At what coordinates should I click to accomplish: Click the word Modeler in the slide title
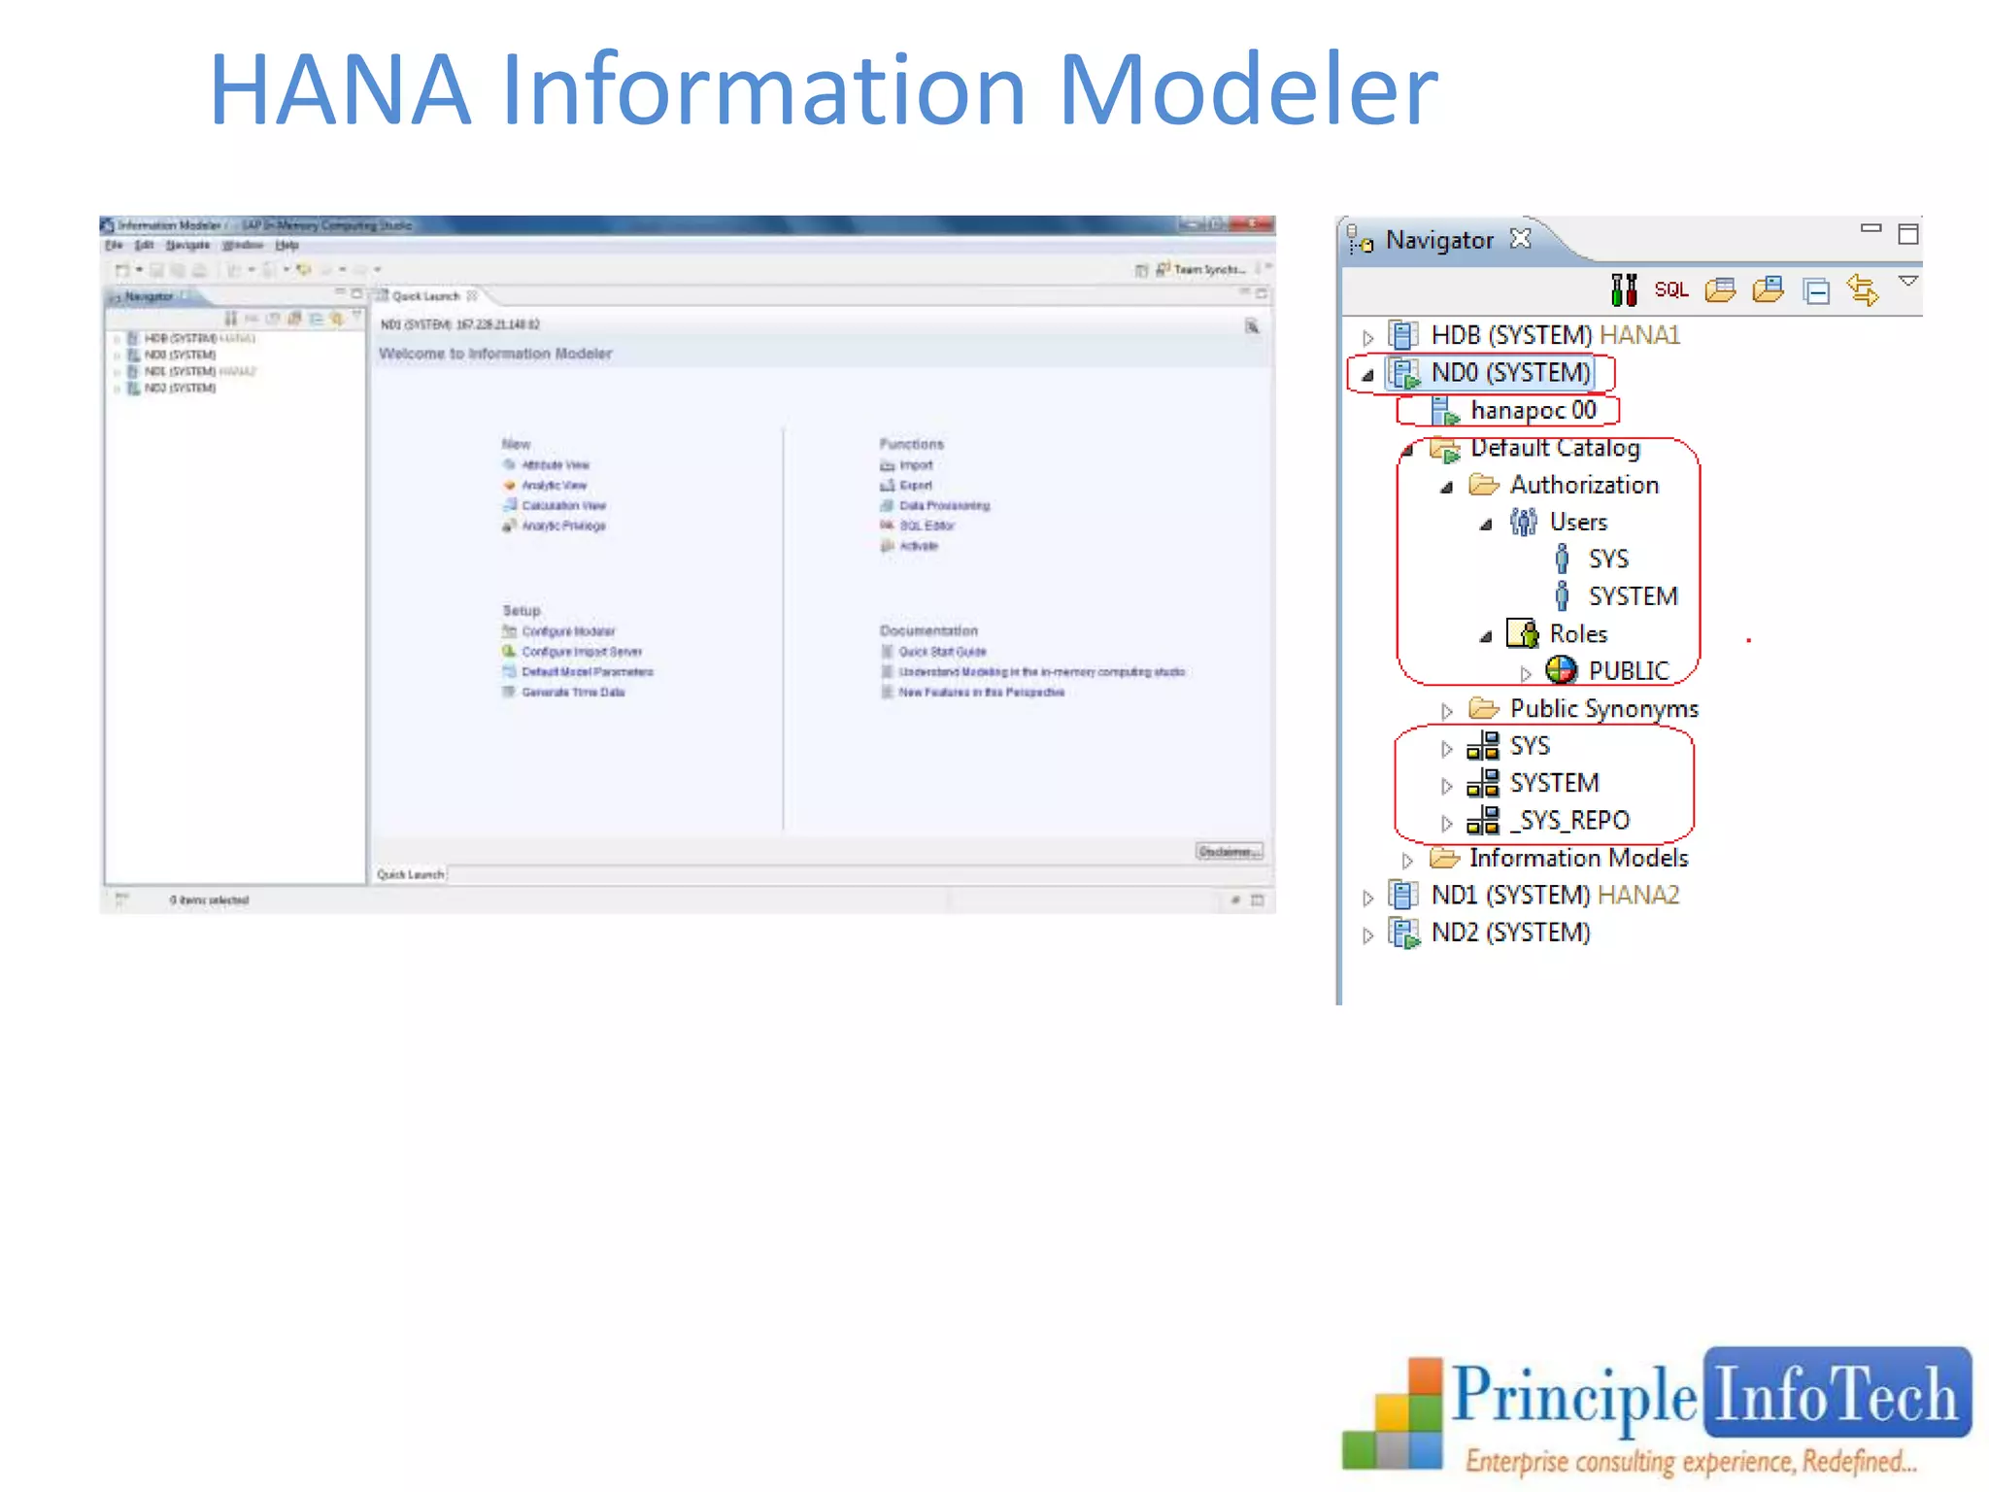point(1247,89)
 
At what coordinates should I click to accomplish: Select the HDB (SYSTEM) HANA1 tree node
point(1554,335)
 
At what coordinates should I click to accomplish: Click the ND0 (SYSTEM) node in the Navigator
point(1509,373)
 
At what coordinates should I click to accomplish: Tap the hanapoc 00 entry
point(1533,410)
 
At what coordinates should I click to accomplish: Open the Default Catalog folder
point(1554,448)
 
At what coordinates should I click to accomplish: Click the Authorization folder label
point(1583,485)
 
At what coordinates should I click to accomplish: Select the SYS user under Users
point(1607,559)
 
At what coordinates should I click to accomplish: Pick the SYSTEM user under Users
point(1632,596)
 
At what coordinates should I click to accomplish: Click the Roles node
point(1577,634)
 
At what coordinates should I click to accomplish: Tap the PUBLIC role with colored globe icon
point(1627,671)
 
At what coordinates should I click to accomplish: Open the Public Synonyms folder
point(1602,709)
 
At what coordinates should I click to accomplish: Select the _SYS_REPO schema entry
point(1568,821)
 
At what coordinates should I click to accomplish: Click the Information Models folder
point(1577,859)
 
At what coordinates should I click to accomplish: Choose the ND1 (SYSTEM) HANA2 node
point(1554,896)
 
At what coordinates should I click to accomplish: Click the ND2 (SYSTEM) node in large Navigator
point(1509,932)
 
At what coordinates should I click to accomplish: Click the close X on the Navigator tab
point(1521,238)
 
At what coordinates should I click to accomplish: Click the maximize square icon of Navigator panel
point(1907,234)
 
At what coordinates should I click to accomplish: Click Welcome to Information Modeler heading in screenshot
point(495,354)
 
